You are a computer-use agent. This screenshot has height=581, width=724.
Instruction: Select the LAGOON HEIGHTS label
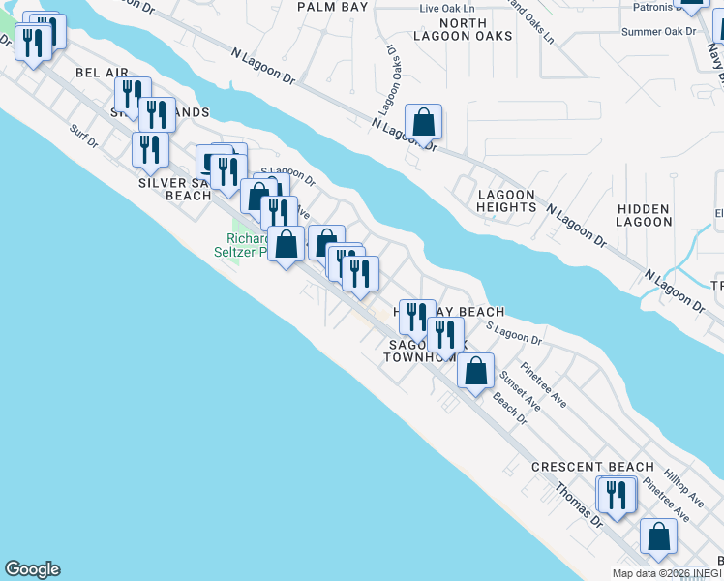click(506, 200)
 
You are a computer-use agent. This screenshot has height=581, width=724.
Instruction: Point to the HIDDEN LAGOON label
click(645, 215)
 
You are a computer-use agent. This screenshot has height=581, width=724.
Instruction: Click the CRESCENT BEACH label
click(592, 467)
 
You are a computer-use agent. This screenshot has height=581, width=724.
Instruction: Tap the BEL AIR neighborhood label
click(102, 73)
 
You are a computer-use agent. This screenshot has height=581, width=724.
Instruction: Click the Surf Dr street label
click(85, 138)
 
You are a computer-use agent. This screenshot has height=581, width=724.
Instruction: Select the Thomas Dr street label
click(579, 505)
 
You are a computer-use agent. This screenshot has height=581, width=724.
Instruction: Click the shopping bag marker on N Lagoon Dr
click(423, 122)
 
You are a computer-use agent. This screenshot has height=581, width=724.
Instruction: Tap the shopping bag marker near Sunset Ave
click(475, 371)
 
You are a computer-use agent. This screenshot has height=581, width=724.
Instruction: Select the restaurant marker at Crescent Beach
click(616, 495)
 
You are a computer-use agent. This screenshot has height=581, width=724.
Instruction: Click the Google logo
click(32, 569)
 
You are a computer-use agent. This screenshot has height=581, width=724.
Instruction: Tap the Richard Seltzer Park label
click(247, 245)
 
